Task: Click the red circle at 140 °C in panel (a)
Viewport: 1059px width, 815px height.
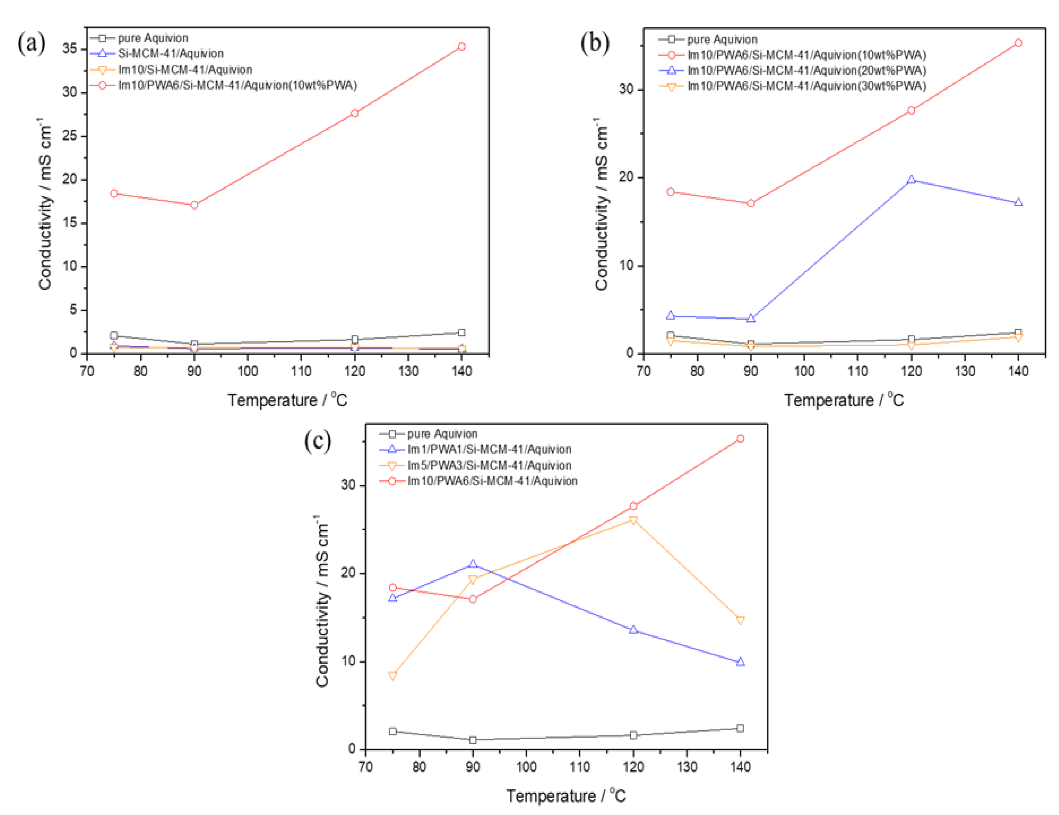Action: tap(462, 47)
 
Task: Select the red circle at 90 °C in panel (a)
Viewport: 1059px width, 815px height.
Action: tap(194, 205)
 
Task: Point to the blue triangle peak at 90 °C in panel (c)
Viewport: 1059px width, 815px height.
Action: tap(473, 564)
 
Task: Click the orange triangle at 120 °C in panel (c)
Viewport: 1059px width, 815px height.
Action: tap(633, 520)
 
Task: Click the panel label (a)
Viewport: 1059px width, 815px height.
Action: tap(32, 44)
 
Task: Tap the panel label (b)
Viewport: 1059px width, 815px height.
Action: tap(595, 44)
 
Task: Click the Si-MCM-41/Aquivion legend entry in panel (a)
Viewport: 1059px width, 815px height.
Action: tap(171, 54)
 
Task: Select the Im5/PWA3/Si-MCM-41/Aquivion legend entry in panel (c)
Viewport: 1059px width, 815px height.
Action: tap(489, 465)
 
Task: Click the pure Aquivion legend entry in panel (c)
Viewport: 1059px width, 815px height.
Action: tap(442, 434)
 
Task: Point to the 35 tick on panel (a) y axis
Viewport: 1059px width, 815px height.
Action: tap(70, 49)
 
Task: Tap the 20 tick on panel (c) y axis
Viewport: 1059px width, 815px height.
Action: tap(349, 573)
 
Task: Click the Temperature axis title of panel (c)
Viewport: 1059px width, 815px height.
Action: tap(566, 796)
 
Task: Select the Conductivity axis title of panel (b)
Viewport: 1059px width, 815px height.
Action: tap(602, 204)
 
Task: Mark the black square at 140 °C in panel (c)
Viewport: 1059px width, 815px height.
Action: tap(740, 728)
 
